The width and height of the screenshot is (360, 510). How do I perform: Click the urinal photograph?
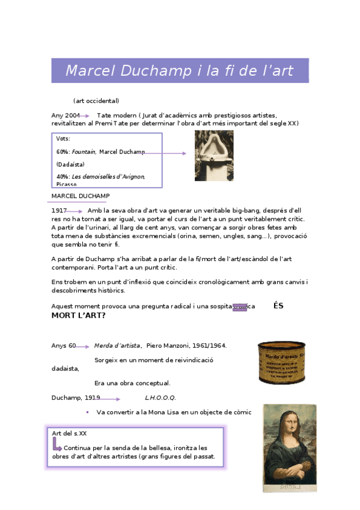[214, 155]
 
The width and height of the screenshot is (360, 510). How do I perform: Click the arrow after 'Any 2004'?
[85, 115]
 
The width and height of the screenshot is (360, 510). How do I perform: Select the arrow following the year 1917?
[75, 211]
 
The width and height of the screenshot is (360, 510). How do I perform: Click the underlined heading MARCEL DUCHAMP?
[81, 196]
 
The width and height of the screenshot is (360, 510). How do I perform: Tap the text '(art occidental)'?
[96, 100]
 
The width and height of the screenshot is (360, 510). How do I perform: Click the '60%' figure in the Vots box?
[63, 152]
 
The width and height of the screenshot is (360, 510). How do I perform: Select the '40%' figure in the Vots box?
[63, 176]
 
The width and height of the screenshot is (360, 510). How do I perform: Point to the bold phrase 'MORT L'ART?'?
[78, 315]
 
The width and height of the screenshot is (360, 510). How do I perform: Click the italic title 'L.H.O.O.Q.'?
[160, 398]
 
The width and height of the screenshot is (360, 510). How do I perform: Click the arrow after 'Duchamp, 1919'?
[110, 399]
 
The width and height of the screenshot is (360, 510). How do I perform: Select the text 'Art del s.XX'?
[70, 433]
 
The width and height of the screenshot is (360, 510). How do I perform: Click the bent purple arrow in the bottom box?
[57, 445]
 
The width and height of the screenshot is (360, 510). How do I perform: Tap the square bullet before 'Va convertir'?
[87, 412]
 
